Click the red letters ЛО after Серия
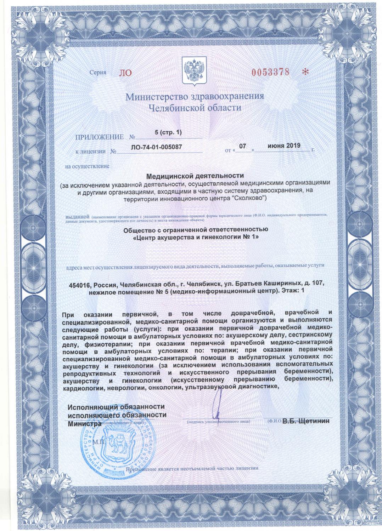pos(126,73)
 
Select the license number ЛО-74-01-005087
pos(159,146)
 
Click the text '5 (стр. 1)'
pos(168,132)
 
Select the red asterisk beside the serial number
pos(305,72)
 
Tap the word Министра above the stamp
pos(84,423)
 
